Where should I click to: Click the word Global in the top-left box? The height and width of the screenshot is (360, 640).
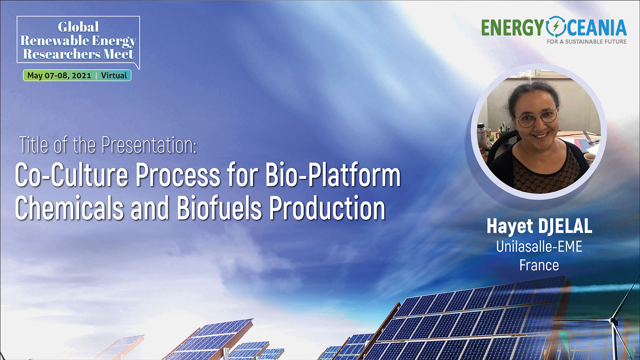pyautogui.click(x=78, y=27)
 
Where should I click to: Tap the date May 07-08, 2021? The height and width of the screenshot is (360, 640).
pyautogui.click(x=59, y=76)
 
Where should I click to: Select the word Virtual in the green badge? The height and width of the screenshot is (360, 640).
pyautogui.click(x=114, y=76)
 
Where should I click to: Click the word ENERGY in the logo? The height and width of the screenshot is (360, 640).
pyautogui.click(x=512, y=28)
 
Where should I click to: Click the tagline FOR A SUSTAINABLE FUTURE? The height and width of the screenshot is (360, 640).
pyautogui.click(x=586, y=42)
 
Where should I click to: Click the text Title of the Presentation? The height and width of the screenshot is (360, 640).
pyautogui.click(x=108, y=145)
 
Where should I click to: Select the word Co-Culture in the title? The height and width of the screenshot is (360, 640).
pyautogui.click(x=72, y=175)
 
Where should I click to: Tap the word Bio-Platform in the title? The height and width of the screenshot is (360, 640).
pyautogui.click(x=333, y=175)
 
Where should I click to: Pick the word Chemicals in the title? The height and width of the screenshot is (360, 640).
pyautogui.click(x=70, y=208)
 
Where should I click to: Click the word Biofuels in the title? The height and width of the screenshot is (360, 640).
pyautogui.click(x=219, y=208)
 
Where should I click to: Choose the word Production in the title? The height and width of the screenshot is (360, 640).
pyautogui.click(x=327, y=208)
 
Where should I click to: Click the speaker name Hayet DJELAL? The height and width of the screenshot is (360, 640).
pyautogui.click(x=540, y=226)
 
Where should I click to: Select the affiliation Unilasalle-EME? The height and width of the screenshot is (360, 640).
pyautogui.click(x=539, y=246)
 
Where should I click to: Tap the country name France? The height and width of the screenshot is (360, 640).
pyautogui.click(x=539, y=265)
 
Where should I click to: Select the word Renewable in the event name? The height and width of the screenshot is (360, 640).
pyautogui.click(x=54, y=40)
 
